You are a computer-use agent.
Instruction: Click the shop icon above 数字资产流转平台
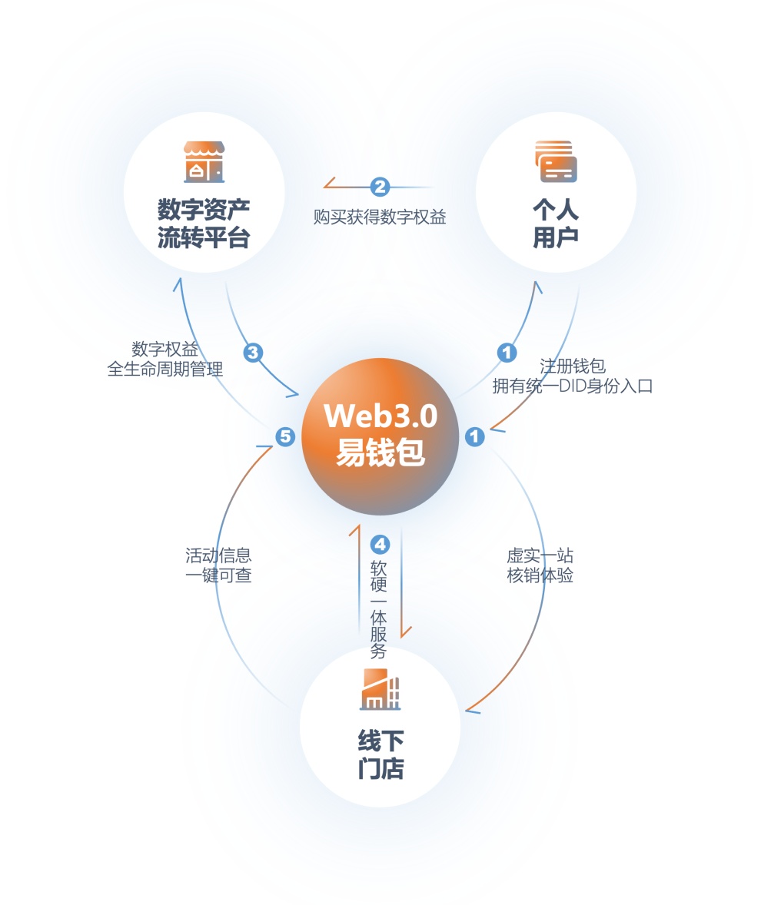(x=204, y=162)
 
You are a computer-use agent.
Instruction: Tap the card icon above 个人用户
(x=556, y=161)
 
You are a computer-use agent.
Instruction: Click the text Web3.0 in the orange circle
(x=380, y=416)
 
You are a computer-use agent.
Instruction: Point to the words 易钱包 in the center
(x=380, y=452)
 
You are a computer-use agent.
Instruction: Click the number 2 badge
(x=380, y=187)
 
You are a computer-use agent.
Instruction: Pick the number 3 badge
(x=253, y=352)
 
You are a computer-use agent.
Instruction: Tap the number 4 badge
(x=380, y=544)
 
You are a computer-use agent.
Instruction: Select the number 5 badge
(x=285, y=437)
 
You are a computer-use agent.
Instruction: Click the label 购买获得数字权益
(x=380, y=217)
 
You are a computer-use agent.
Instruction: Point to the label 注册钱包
(x=572, y=366)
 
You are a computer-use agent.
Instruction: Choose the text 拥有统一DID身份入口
(x=572, y=386)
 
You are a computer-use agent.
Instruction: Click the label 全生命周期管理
(x=165, y=369)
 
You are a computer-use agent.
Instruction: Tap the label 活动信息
(x=219, y=555)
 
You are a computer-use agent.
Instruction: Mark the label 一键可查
(x=219, y=575)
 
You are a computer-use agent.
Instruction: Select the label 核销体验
(x=540, y=575)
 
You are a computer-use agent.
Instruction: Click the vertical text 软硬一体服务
(x=379, y=609)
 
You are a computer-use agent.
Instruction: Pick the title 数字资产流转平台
(x=204, y=224)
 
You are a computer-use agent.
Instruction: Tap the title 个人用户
(x=556, y=224)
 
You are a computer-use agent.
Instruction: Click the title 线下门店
(x=380, y=754)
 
